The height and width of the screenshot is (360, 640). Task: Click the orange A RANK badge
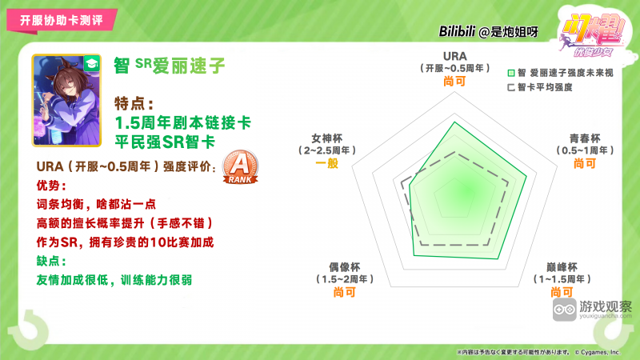(x=239, y=167)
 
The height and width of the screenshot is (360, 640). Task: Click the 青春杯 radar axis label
(x=584, y=138)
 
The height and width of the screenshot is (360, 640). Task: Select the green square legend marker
(x=510, y=72)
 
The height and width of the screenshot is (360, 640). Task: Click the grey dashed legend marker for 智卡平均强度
(x=510, y=86)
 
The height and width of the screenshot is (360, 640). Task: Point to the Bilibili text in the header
(x=463, y=32)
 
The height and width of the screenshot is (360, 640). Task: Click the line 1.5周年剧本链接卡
(x=183, y=123)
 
